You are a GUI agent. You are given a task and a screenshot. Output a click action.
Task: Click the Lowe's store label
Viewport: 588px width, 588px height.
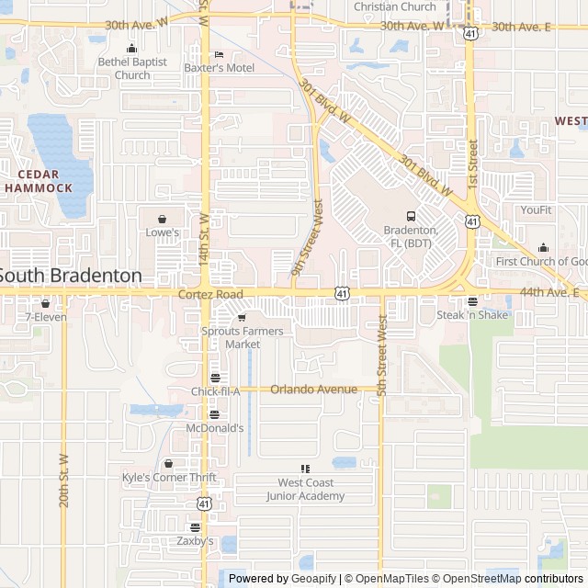pyautogui.click(x=163, y=232)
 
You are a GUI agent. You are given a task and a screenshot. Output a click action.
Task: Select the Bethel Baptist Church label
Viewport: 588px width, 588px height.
pyautogui.click(x=133, y=68)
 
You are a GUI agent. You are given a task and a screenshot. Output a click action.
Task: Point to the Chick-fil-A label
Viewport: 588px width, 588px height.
pyautogui.click(x=215, y=391)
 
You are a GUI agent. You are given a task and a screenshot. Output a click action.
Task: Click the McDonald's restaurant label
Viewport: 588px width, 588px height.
pyautogui.click(x=215, y=427)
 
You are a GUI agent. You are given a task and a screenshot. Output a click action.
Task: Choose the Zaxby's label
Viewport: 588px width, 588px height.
pyautogui.click(x=195, y=541)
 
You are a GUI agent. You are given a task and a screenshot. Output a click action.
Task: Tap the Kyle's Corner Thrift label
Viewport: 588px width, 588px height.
pyautogui.click(x=169, y=477)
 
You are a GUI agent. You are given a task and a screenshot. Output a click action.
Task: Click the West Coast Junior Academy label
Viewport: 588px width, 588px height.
pyautogui.click(x=306, y=489)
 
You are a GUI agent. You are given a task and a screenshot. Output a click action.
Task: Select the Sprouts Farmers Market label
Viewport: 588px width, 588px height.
pyautogui.click(x=243, y=337)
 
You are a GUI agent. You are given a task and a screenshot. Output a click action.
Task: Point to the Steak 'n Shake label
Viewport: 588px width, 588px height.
pyautogui.click(x=472, y=314)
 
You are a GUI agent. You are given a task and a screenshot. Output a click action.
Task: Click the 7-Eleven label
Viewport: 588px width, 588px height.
pyautogui.click(x=45, y=317)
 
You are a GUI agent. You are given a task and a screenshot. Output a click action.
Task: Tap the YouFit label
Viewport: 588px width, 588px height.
pyautogui.click(x=536, y=209)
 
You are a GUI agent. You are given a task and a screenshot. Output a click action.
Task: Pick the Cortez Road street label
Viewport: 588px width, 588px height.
pyautogui.click(x=210, y=293)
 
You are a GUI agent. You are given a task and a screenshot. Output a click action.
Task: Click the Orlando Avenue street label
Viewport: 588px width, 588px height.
pyautogui.click(x=313, y=389)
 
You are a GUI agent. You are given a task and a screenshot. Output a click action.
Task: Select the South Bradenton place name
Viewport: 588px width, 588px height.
pyautogui.click(x=71, y=275)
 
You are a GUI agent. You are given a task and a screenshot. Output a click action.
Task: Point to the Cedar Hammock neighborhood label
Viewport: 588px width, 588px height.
pyautogui.click(x=38, y=181)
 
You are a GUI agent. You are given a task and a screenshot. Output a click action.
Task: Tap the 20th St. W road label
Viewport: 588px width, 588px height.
pyautogui.click(x=64, y=481)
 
